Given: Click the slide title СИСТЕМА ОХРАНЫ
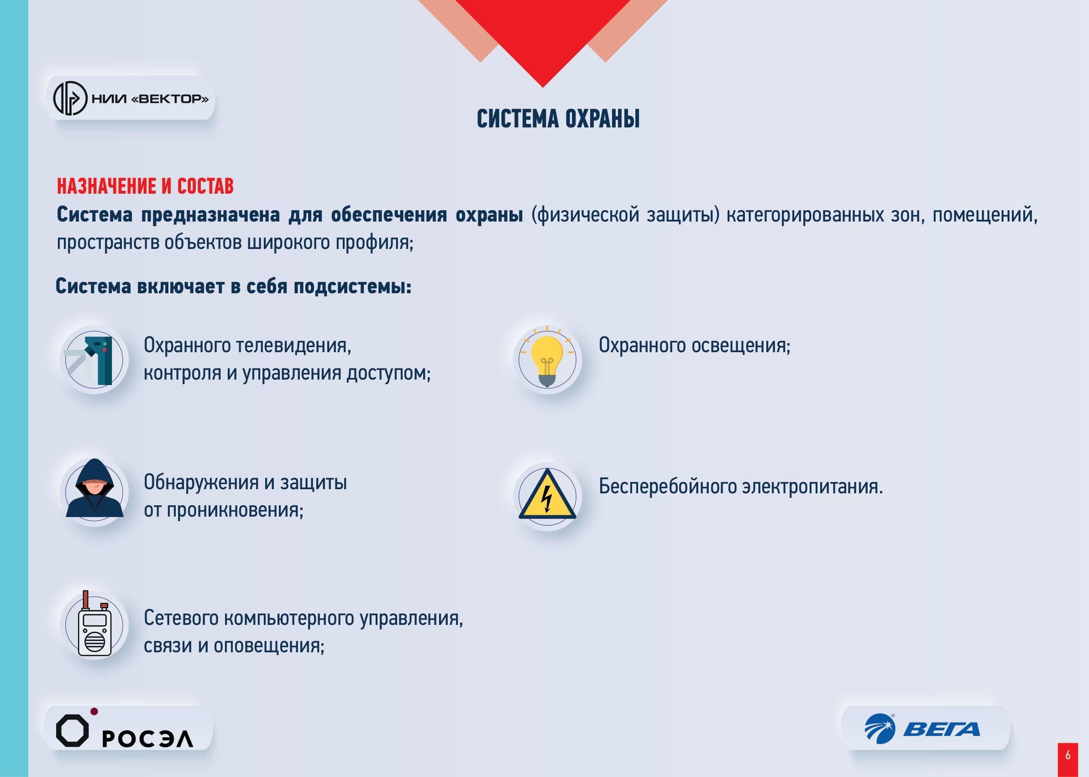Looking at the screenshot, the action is [558, 119].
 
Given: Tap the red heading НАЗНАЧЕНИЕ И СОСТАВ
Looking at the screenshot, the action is [145, 186].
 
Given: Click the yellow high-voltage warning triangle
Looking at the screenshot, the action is [547, 494].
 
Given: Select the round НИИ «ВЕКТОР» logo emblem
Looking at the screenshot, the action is [70, 99].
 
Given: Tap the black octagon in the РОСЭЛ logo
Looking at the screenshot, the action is [72, 730].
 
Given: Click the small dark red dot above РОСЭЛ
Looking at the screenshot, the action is [94, 712].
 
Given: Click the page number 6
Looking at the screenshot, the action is [1068, 756].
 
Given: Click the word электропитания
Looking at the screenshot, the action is [812, 486].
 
